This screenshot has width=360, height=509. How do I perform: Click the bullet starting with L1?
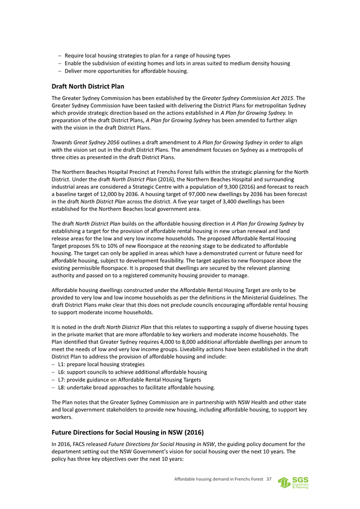point(93,363)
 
